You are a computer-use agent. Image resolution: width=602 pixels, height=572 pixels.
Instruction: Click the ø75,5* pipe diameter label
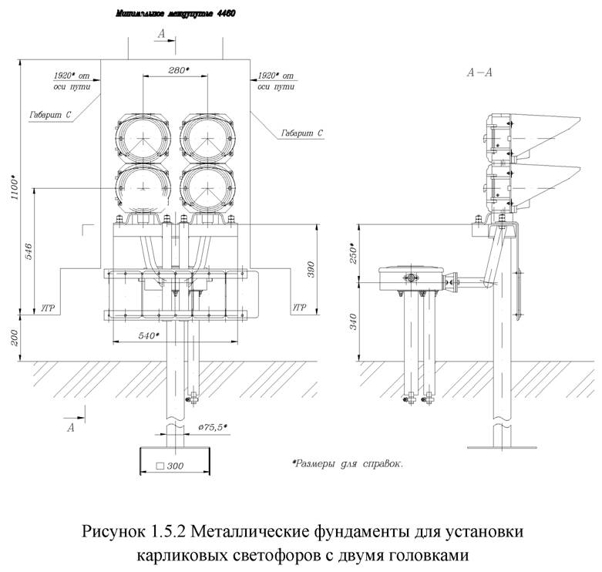[x=217, y=426]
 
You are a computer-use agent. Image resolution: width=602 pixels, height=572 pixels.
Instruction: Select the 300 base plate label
[x=172, y=466]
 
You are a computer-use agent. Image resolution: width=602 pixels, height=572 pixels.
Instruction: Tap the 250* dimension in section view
[x=352, y=254]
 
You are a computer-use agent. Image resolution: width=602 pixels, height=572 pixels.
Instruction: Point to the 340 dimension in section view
[x=352, y=321]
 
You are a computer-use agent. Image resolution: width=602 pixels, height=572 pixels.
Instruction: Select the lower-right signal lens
[x=207, y=187]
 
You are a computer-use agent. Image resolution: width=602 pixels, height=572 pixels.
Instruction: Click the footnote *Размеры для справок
[x=348, y=464]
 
